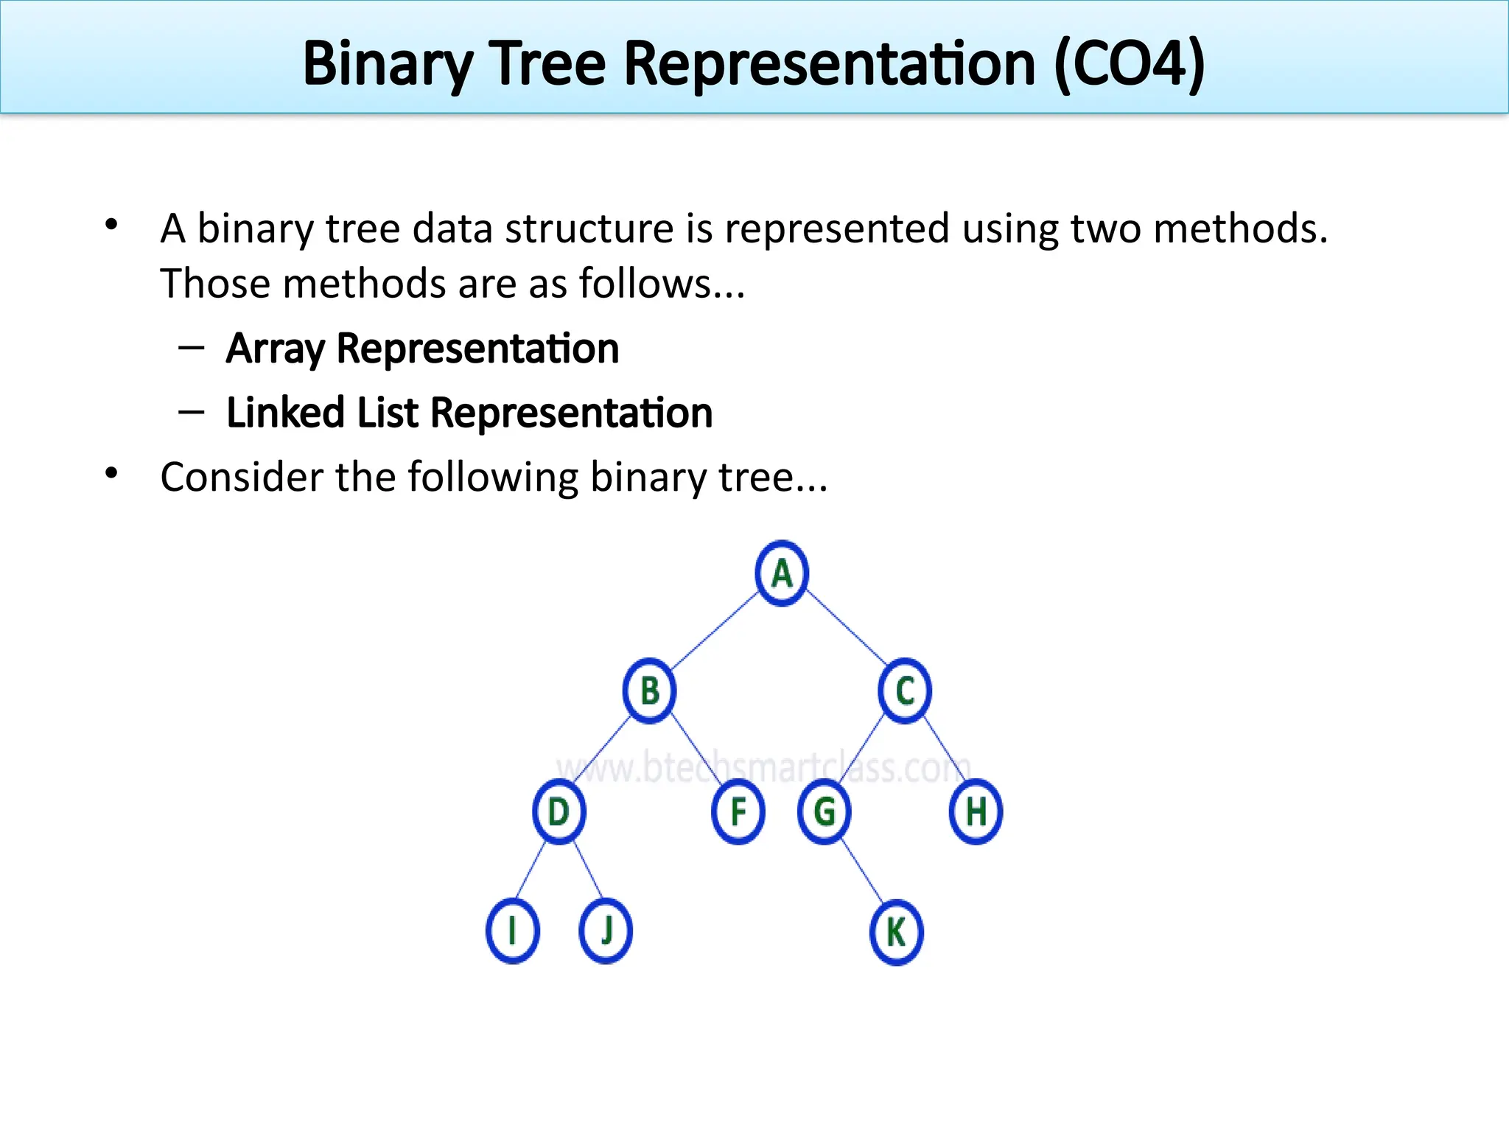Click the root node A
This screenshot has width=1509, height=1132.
click(782, 573)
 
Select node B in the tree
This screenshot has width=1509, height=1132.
click(649, 691)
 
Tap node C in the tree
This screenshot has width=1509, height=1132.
click(905, 691)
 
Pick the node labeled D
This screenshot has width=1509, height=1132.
click(559, 811)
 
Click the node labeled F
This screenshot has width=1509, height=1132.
click(738, 811)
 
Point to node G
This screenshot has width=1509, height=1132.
click(824, 811)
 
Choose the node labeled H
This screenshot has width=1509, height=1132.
click(976, 811)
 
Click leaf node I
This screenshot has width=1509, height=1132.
click(512, 931)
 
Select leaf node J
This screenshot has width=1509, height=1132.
click(606, 931)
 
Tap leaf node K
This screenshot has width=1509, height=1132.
click(896, 932)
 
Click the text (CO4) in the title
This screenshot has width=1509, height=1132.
click(1129, 64)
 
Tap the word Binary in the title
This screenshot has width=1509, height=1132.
click(387, 64)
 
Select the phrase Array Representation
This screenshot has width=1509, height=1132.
click(422, 349)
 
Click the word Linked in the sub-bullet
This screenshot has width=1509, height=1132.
click(285, 413)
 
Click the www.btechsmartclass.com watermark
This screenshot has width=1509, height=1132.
click(763, 768)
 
